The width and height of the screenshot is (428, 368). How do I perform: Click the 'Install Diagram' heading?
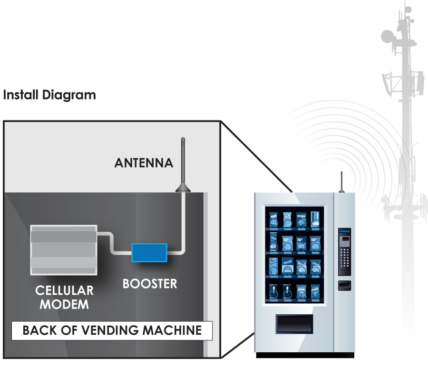point(49,95)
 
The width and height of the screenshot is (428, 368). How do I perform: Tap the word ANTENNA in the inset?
point(144,163)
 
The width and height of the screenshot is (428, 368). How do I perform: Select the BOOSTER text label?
point(149,284)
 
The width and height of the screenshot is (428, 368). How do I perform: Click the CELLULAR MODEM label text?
point(65,297)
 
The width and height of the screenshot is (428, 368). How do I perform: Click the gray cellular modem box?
point(64,249)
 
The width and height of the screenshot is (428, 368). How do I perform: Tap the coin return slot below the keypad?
point(344,285)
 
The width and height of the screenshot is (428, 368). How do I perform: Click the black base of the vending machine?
point(305,355)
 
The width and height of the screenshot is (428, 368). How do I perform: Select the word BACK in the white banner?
point(39,330)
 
